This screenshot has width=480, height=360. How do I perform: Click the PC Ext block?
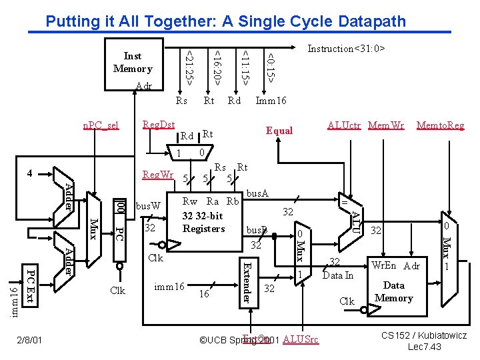click(x=30, y=287)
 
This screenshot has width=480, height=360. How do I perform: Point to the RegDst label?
click(x=159, y=125)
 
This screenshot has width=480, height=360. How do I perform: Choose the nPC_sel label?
click(x=100, y=125)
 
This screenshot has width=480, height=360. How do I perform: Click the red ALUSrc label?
click(x=301, y=340)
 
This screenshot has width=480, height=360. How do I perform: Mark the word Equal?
click(x=279, y=131)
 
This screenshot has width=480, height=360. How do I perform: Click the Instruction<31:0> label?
click(x=346, y=49)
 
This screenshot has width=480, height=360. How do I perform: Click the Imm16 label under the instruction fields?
click(x=271, y=101)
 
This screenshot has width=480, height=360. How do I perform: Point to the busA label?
click(x=257, y=193)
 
